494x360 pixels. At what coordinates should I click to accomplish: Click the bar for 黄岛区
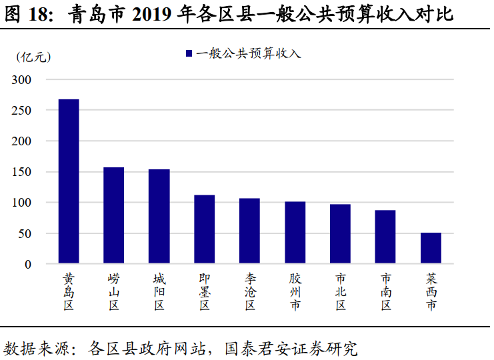(69, 181)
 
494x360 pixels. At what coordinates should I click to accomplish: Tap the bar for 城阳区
(159, 217)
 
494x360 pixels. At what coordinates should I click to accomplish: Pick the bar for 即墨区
(205, 230)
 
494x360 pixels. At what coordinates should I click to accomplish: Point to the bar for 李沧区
(249, 231)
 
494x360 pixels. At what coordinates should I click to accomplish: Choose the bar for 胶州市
(295, 233)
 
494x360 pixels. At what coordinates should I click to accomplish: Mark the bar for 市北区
(340, 234)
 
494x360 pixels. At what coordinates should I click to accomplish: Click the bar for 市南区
(385, 237)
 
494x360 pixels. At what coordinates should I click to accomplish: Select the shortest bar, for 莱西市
(431, 249)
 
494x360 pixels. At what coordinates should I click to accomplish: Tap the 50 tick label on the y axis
(25, 233)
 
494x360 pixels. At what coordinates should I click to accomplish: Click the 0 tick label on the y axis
(28, 264)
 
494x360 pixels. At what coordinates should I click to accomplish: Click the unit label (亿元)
(33, 57)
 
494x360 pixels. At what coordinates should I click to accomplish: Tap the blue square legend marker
(189, 53)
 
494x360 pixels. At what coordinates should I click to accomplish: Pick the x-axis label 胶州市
(295, 291)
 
